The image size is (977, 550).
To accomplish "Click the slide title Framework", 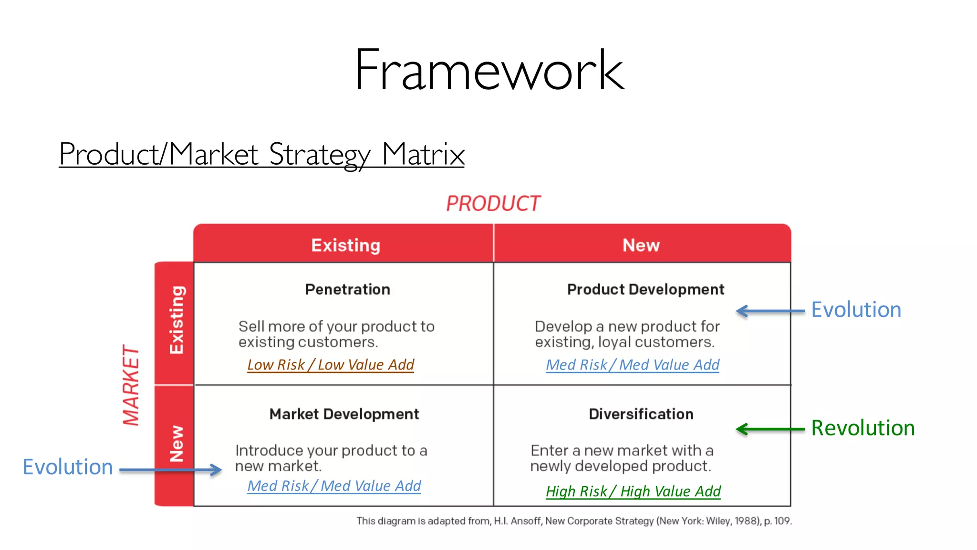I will coord(489,70).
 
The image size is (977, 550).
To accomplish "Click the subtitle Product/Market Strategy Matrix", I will coord(261,155).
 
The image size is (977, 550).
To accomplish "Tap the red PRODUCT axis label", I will coord(493,204).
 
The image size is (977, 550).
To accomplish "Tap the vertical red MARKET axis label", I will coord(131,385).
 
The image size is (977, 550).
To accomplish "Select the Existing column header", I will coord(345,245).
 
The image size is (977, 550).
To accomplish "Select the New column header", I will coord(641,245).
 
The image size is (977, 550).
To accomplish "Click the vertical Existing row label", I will coord(176,320).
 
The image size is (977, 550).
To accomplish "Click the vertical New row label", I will coord(176,444).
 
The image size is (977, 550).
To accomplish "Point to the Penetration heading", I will coord(347,289).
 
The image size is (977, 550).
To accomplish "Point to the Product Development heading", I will coord(645,289).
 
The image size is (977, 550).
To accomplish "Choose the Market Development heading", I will coord(344,414).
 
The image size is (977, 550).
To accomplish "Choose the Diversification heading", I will coord(641,414).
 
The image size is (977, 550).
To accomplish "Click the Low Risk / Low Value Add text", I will coord(330,365).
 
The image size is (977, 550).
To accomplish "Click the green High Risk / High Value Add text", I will coord(633,491).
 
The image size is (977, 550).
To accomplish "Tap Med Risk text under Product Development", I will coord(632,365).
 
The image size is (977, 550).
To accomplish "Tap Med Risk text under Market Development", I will coord(334,486).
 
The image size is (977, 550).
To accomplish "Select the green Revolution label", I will coord(863,428).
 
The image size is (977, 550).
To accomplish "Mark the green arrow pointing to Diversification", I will coord(769,429).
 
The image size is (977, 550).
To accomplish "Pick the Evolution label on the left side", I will coord(68,467).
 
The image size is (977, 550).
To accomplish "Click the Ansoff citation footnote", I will coord(574,521).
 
